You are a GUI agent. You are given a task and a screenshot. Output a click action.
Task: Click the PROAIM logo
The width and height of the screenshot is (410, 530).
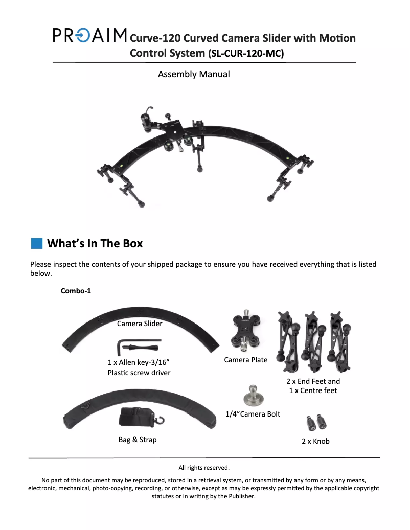pyautogui.click(x=89, y=35)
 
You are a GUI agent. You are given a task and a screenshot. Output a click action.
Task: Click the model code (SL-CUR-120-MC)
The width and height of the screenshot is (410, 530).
pyautogui.click(x=246, y=53)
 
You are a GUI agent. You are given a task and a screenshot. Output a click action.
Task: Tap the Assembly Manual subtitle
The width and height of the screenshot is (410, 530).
pyautogui.click(x=194, y=74)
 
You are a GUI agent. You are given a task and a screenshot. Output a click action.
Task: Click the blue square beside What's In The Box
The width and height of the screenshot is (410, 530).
pyautogui.click(x=37, y=243)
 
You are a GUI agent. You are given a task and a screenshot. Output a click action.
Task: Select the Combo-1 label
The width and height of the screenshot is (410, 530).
pyautogui.click(x=76, y=291)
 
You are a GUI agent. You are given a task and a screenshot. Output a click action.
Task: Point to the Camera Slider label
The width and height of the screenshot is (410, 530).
pyautogui.click(x=140, y=324)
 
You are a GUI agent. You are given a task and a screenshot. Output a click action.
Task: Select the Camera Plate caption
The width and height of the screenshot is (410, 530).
pyautogui.click(x=246, y=360)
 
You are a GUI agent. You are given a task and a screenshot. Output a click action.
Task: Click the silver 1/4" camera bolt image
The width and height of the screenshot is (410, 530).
pyautogui.click(x=253, y=396)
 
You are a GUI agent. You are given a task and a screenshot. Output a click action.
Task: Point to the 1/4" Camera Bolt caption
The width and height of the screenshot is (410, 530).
pyautogui.click(x=253, y=414)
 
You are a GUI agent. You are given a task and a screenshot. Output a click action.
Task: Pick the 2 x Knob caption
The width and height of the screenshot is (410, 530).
pyautogui.click(x=316, y=441)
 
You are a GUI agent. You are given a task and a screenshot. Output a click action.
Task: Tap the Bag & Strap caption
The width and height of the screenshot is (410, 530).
pyautogui.click(x=138, y=440)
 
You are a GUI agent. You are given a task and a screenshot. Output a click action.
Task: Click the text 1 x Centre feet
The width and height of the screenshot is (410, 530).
pyautogui.click(x=313, y=391)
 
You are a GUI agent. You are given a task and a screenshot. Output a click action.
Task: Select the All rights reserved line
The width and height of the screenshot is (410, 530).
pyautogui.click(x=204, y=468)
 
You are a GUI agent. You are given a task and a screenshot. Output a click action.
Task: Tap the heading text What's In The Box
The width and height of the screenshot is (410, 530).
pyautogui.click(x=95, y=243)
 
